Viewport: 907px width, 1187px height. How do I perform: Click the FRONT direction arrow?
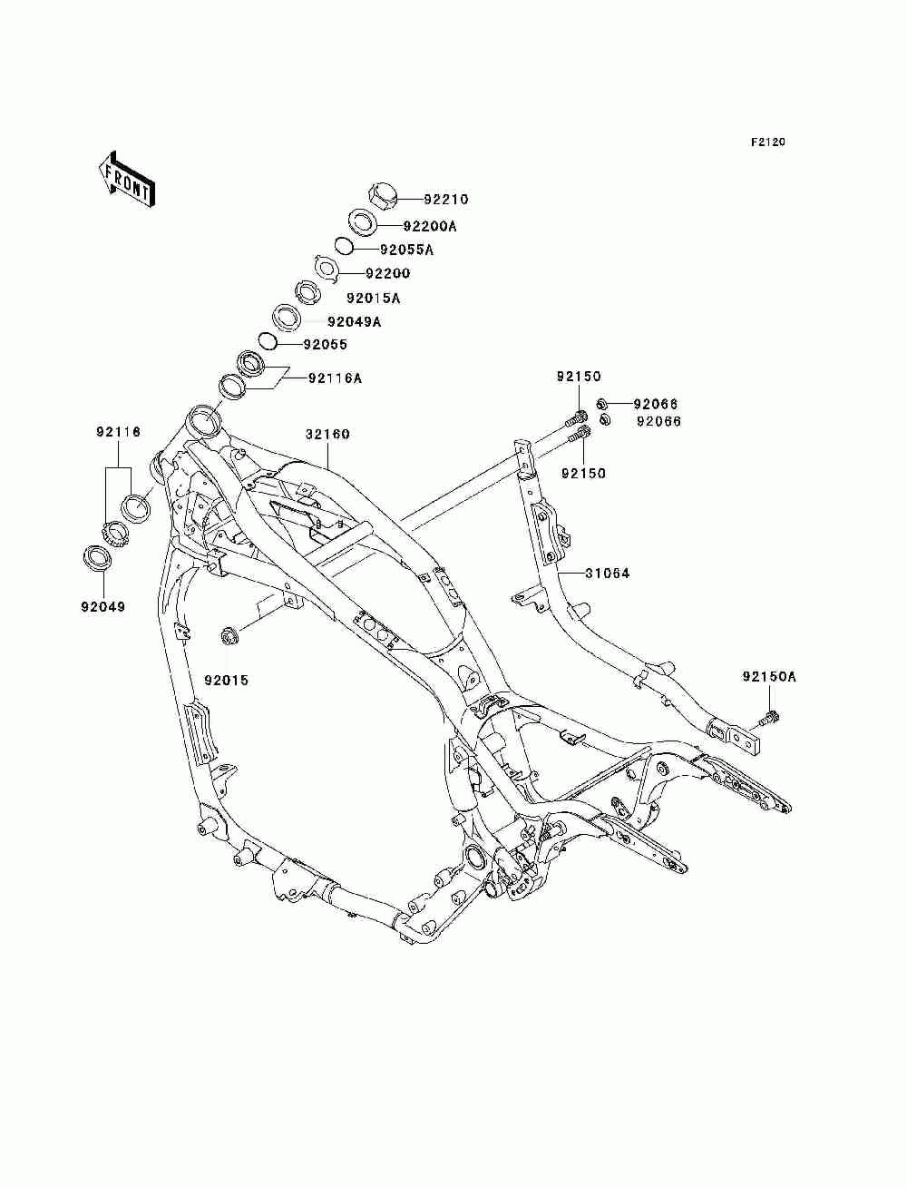click(127, 179)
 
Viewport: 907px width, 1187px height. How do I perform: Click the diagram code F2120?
click(767, 142)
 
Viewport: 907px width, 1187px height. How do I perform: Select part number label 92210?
click(446, 200)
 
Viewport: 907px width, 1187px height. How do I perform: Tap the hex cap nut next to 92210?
click(384, 196)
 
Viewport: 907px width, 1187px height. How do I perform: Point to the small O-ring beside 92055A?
click(343, 246)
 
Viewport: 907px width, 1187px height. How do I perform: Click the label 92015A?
click(374, 299)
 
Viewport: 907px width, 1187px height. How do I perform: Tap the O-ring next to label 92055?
click(268, 342)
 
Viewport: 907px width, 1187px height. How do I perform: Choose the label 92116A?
click(335, 378)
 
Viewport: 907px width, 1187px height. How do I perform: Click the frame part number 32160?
click(327, 435)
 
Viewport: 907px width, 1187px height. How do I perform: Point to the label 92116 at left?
click(119, 432)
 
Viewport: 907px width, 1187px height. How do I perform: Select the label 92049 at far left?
click(103, 607)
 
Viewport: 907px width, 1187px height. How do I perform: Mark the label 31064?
click(608, 574)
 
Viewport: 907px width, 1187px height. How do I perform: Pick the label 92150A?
click(769, 676)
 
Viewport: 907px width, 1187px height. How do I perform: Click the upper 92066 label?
click(656, 404)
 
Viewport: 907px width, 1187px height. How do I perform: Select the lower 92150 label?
click(584, 473)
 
